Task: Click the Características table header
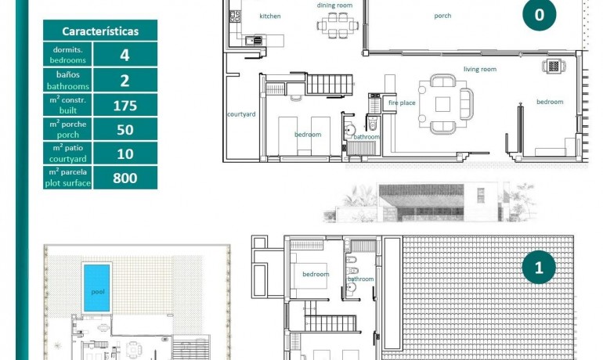[100, 31]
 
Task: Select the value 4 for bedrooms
[125, 55]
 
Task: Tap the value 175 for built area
[125, 106]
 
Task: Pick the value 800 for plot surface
[125, 178]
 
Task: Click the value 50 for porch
[125, 130]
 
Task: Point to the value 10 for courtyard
[125, 153]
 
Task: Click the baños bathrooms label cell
[68, 81]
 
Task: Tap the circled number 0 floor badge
[539, 15]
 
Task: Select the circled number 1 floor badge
[539, 268]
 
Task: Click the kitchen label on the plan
[270, 16]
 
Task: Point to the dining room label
[334, 5]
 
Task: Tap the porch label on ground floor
[442, 16]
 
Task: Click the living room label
[479, 70]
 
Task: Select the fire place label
[402, 103]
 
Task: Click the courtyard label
[241, 114]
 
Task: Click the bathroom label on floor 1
[361, 279]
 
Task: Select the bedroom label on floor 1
[316, 275]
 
